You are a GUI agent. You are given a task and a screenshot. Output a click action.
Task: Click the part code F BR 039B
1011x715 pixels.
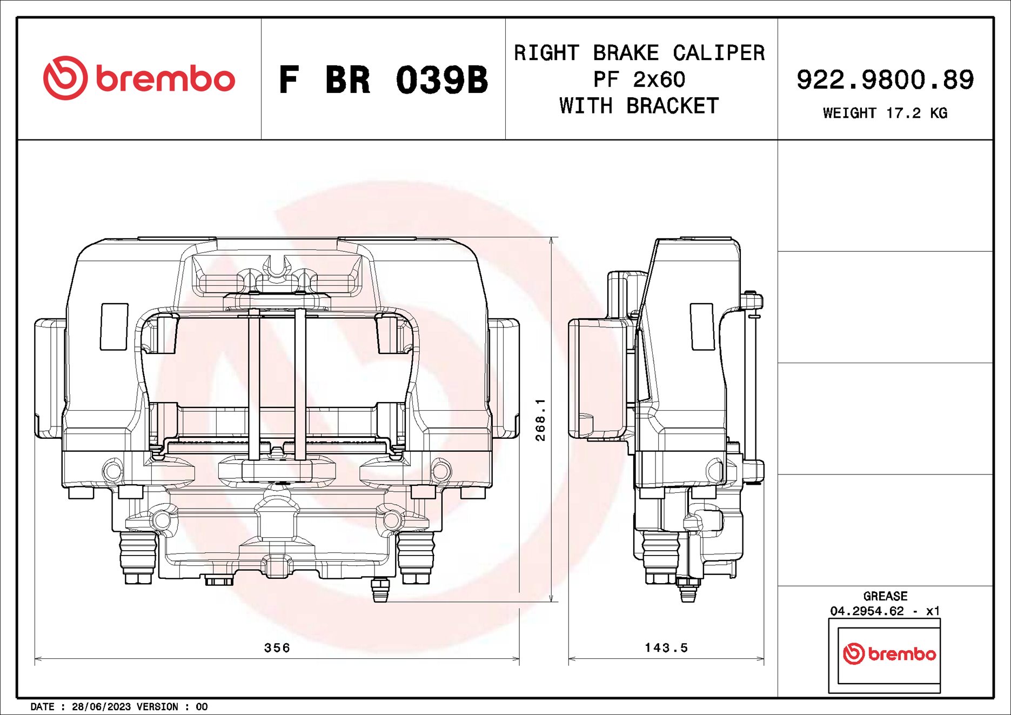click(383, 80)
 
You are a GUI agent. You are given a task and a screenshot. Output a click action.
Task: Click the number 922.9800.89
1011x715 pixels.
click(885, 80)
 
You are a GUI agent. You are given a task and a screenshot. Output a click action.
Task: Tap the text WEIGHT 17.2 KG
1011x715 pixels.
click(885, 113)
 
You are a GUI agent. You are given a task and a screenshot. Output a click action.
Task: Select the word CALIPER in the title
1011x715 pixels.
click(718, 53)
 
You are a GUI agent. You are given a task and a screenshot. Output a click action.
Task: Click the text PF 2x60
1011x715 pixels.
click(639, 79)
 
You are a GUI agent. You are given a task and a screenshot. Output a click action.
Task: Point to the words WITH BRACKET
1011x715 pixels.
click(639, 106)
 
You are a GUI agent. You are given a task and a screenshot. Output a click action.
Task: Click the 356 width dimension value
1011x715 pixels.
click(277, 647)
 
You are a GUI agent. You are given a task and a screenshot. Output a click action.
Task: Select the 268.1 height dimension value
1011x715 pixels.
click(540, 420)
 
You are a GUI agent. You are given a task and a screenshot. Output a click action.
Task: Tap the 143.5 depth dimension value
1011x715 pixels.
click(666, 647)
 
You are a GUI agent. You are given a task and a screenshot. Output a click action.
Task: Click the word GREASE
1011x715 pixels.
click(885, 596)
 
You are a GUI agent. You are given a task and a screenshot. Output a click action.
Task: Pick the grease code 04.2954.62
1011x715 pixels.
click(867, 611)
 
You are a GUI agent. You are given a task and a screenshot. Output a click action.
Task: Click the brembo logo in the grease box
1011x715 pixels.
click(889, 654)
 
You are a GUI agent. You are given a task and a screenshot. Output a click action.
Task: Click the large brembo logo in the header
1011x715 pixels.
click(139, 78)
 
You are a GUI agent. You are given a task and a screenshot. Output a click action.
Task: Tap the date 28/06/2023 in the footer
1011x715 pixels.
click(101, 706)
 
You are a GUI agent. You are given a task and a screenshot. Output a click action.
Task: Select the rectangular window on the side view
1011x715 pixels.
click(702, 326)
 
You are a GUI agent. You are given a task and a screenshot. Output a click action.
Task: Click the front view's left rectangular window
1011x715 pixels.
click(114, 326)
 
